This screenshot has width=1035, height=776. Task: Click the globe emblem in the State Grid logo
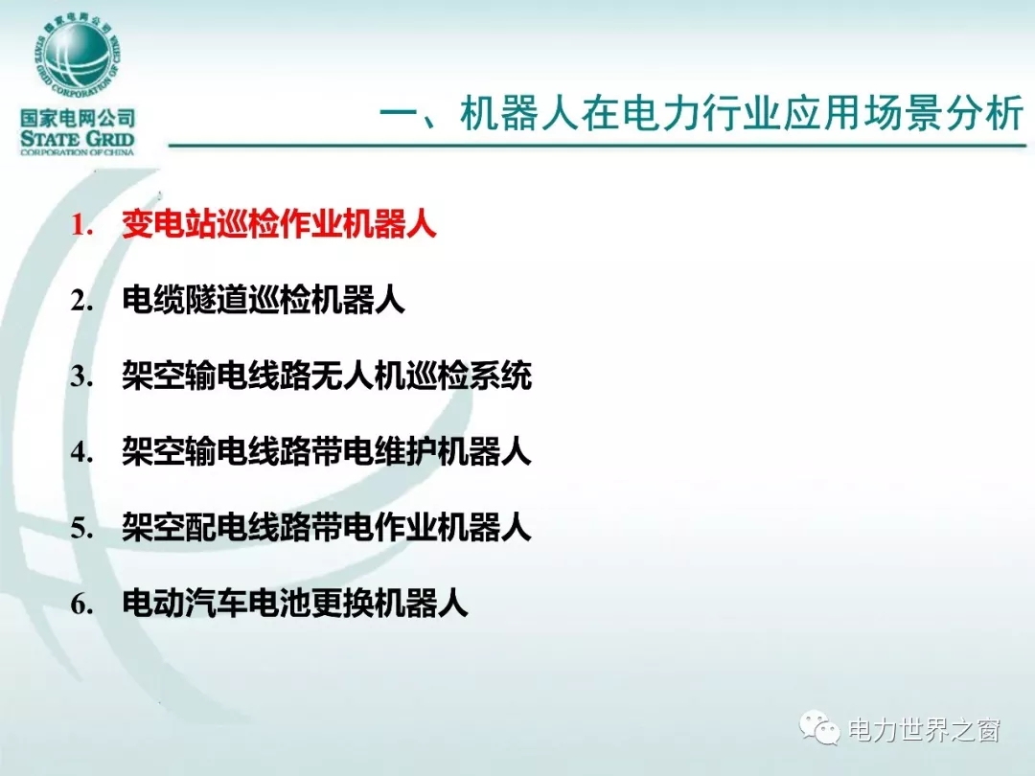pyautogui.click(x=77, y=57)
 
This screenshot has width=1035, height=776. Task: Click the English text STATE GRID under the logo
pyautogui.click(x=78, y=139)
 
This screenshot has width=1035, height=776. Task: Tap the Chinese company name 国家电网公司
pyautogui.click(x=78, y=118)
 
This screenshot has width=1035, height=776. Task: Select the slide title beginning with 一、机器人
pyautogui.click(x=702, y=113)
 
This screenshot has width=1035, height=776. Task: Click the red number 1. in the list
pyautogui.click(x=81, y=225)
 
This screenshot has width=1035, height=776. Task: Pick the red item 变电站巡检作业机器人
pyautogui.click(x=279, y=224)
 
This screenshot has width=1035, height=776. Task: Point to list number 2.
pyautogui.click(x=81, y=301)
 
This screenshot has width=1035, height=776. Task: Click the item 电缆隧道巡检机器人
pyautogui.click(x=263, y=300)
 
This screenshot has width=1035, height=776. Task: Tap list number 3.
pyautogui.click(x=81, y=377)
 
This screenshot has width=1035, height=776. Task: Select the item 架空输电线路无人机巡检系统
pyautogui.click(x=326, y=377)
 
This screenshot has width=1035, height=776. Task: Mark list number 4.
pyautogui.click(x=81, y=452)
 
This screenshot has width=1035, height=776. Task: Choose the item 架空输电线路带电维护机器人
pyautogui.click(x=326, y=451)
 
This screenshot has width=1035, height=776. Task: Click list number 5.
pyautogui.click(x=81, y=528)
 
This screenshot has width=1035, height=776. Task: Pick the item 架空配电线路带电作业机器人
pyautogui.click(x=326, y=527)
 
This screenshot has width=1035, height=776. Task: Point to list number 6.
pyautogui.click(x=81, y=604)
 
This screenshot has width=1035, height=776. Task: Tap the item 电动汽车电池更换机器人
pyautogui.click(x=294, y=604)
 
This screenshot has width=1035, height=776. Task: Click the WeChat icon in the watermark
pyautogui.click(x=819, y=727)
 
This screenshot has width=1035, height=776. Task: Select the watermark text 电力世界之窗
pyautogui.click(x=924, y=730)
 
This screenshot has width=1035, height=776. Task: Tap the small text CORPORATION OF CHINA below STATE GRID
pyautogui.click(x=78, y=152)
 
